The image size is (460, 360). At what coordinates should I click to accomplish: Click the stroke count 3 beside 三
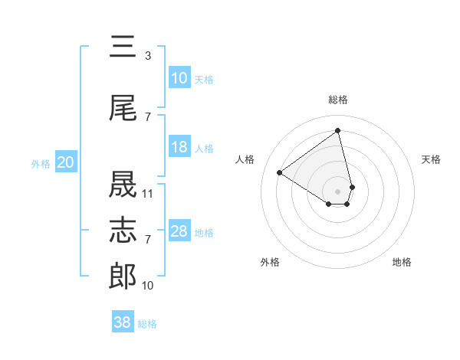(x=147, y=56)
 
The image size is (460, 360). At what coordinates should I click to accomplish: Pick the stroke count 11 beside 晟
(x=148, y=194)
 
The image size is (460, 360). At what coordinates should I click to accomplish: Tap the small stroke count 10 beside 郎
(x=148, y=286)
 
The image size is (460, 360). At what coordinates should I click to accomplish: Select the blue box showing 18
(x=179, y=147)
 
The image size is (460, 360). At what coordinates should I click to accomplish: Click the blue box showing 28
(x=179, y=231)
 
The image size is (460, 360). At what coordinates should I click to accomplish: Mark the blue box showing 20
(x=66, y=162)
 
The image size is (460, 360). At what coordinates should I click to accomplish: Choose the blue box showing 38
(x=123, y=322)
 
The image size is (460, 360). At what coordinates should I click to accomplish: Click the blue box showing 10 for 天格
(x=179, y=78)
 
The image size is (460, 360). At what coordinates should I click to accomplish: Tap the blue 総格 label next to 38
(x=147, y=324)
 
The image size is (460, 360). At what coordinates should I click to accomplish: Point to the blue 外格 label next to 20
(x=41, y=163)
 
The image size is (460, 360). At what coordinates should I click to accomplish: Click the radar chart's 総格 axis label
(x=337, y=100)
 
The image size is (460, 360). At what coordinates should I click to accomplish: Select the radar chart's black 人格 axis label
(x=245, y=159)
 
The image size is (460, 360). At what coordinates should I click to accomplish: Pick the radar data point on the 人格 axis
(x=280, y=173)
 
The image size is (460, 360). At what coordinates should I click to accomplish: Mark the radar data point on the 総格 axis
(x=337, y=131)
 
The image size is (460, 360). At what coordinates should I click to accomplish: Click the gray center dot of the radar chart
(x=337, y=190)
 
